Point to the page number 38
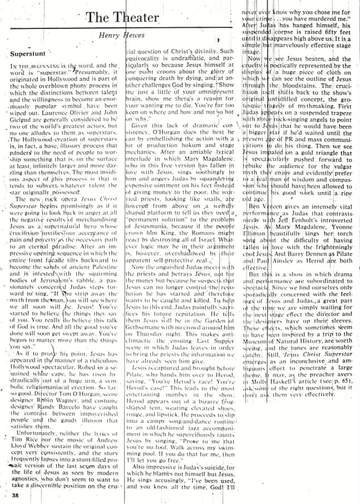pos(14,493)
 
